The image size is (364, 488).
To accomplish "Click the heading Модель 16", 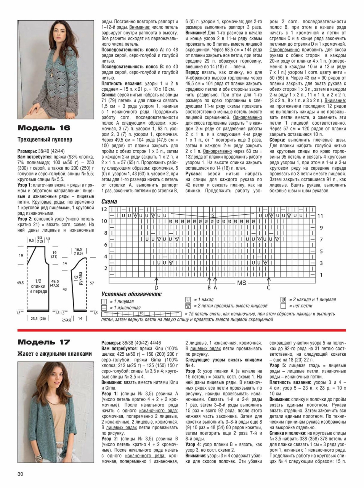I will pos(44,128).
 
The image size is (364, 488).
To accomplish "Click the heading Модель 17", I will pos(44,342).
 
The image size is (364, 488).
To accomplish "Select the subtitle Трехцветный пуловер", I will pos(45,140).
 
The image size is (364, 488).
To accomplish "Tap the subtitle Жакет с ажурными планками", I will pos(55,354).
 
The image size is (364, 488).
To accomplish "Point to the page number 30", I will pos(20,474).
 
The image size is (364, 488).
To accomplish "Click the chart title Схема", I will pos(109,201).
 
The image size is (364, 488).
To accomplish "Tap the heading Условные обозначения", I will pos(131,294).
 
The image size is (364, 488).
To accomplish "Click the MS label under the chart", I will pos(242,283).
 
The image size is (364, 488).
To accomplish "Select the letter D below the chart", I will pos(156,288).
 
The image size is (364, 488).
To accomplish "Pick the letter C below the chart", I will pos(268,288).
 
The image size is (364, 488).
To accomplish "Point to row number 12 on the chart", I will pos(104,209).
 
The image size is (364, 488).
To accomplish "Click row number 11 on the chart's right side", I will pos(321,216).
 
